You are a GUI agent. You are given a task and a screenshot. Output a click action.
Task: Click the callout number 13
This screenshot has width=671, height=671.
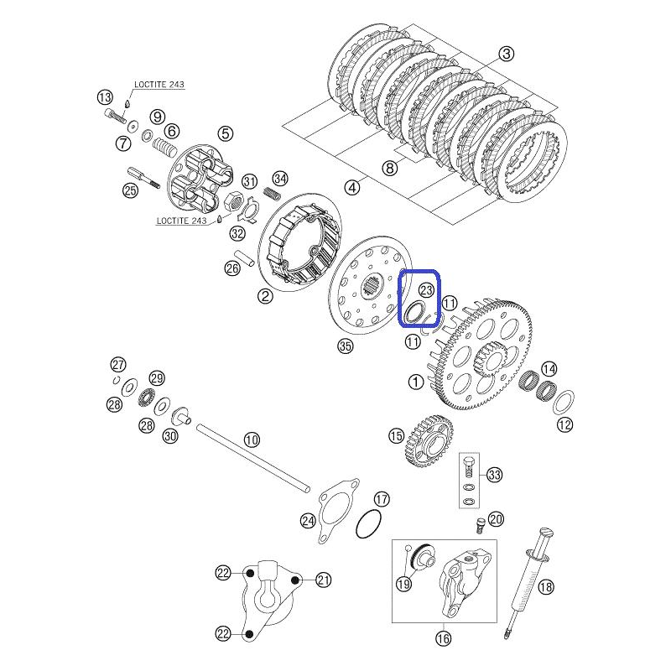point(104,97)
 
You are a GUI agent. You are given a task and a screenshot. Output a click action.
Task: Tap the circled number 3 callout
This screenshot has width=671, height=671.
point(507,54)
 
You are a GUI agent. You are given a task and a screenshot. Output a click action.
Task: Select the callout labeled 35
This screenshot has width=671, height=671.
point(345,346)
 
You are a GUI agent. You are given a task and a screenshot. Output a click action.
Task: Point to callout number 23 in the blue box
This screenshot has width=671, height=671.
point(426,290)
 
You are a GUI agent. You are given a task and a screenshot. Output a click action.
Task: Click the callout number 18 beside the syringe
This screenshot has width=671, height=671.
point(546,586)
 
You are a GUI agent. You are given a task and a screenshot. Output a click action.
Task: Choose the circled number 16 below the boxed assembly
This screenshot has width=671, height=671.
point(444,638)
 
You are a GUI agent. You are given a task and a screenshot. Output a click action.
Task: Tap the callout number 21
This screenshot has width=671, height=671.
point(324,580)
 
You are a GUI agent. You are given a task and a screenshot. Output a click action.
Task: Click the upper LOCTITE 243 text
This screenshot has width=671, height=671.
point(159,85)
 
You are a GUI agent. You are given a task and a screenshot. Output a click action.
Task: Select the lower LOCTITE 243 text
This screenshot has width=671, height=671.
point(181,221)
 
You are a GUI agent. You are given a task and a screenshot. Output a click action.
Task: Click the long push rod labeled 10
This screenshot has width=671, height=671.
point(253,457)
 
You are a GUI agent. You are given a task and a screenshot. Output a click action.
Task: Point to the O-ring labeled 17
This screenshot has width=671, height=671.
point(368,525)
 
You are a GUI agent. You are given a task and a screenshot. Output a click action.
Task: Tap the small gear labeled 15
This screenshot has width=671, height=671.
point(428,441)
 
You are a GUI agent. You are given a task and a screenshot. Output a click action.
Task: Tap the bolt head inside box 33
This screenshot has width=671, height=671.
point(468,463)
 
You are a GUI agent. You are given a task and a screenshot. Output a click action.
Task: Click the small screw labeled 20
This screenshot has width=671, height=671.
point(479,525)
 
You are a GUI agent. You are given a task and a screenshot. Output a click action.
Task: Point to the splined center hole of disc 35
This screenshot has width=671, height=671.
point(371,286)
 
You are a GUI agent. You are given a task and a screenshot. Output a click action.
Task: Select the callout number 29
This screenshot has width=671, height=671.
point(157,378)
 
